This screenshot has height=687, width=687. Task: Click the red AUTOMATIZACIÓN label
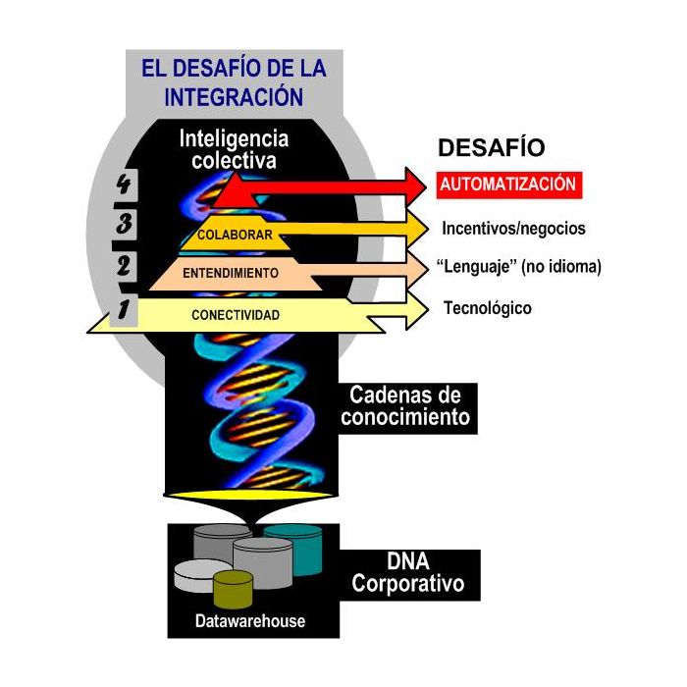pyautogui.click(x=508, y=184)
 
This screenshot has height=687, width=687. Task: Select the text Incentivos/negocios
pyautogui.click(x=514, y=229)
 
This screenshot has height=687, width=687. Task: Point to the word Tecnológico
pyautogui.click(x=487, y=308)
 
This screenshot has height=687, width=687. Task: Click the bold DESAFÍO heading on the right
pyautogui.click(x=491, y=148)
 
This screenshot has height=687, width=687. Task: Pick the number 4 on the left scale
pyautogui.click(x=124, y=184)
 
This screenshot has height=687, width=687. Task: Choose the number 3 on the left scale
pyautogui.click(x=124, y=224)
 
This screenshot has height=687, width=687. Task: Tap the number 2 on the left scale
pyautogui.click(x=124, y=266)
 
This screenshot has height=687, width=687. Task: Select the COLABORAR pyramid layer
pyautogui.click(x=234, y=236)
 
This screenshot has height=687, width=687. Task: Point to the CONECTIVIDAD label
pyautogui.click(x=236, y=315)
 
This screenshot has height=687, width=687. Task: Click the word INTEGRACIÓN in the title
pyautogui.click(x=234, y=97)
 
